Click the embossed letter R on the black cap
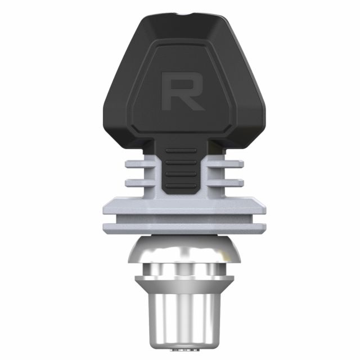tap(182, 91)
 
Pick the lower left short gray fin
tap(137, 182)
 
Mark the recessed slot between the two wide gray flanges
tap(181, 218)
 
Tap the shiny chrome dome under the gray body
tap(181, 250)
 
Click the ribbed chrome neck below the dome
tap(181, 269)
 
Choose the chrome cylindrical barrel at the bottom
tap(181, 318)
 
